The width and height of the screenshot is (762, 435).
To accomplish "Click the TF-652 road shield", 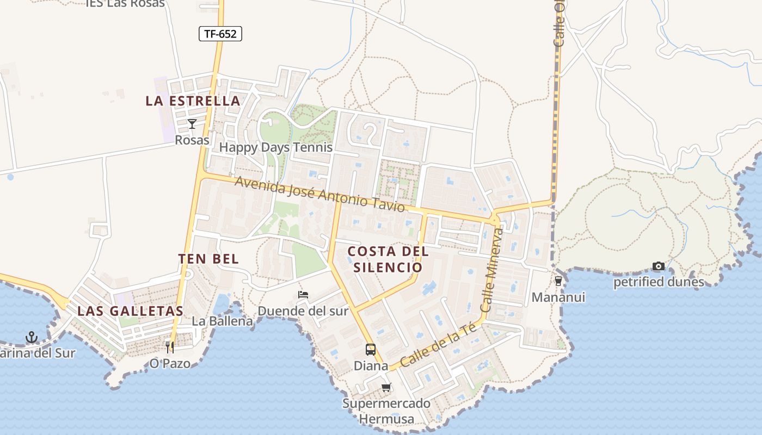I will [x=220, y=34].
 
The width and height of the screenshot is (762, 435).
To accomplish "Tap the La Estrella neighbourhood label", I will [x=193, y=101].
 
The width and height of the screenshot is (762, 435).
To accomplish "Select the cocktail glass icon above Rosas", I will [x=192, y=124].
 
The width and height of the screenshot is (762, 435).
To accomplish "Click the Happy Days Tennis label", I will [x=275, y=147].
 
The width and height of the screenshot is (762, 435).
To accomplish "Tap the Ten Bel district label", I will [x=208, y=259].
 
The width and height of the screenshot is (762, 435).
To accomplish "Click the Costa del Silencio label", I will [x=388, y=259].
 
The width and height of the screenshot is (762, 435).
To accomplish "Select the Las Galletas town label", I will [x=130, y=311].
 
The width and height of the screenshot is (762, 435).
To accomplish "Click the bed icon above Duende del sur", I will [x=303, y=295].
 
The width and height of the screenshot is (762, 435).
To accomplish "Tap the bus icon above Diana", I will [x=371, y=349].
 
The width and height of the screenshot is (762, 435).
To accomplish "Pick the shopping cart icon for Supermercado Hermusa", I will [x=386, y=388].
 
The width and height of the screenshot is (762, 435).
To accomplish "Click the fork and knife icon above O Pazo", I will [x=170, y=346].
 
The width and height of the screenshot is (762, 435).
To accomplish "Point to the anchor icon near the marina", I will [x=32, y=338].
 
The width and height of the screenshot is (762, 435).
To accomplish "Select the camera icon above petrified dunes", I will [x=659, y=266].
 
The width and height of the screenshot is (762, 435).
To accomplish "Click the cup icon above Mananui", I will [x=558, y=281].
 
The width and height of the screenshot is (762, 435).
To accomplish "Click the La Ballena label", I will [x=223, y=321].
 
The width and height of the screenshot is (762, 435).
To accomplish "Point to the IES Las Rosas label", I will [x=125, y=4].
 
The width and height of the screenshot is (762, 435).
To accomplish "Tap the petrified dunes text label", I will [x=659, y=282].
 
